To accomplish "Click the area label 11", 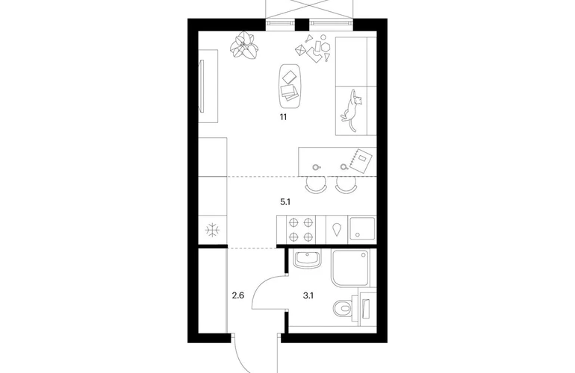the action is click(283, 117).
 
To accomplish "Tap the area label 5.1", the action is click(285, 201).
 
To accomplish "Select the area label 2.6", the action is click(238, 295).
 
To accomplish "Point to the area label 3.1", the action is click(308, 295).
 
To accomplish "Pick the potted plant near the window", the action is click(244, 46).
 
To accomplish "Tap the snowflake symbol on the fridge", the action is click(212, 231).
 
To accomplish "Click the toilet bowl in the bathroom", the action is click(343, 308).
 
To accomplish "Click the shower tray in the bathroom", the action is click(351, 269).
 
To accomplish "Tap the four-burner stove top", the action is click(301, 229).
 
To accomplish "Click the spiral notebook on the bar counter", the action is click(361, 160).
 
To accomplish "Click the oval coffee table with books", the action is click(290, 87).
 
